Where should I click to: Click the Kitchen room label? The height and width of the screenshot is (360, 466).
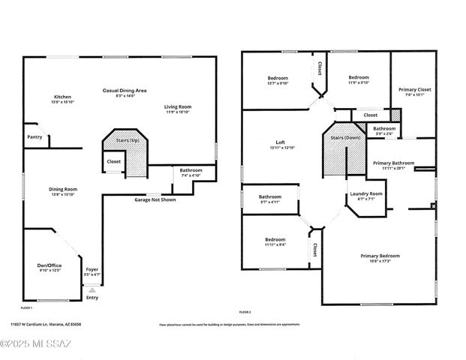62,97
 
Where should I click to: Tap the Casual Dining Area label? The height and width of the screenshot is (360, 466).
125,90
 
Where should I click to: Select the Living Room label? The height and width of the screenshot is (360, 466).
178,107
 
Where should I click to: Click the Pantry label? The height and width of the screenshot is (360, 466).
35,137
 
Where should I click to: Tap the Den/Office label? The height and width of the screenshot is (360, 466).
49,265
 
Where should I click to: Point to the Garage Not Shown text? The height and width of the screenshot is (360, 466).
155,200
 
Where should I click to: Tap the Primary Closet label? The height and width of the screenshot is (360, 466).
414,89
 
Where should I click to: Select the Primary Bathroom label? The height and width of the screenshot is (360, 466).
393,163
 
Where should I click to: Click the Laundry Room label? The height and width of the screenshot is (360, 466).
366,193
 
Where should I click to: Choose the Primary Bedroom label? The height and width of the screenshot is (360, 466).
379,256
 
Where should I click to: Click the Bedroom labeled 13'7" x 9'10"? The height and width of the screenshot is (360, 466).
277,78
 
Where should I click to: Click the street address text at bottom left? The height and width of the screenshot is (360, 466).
46,325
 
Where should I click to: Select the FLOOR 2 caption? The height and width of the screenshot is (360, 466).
245,312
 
